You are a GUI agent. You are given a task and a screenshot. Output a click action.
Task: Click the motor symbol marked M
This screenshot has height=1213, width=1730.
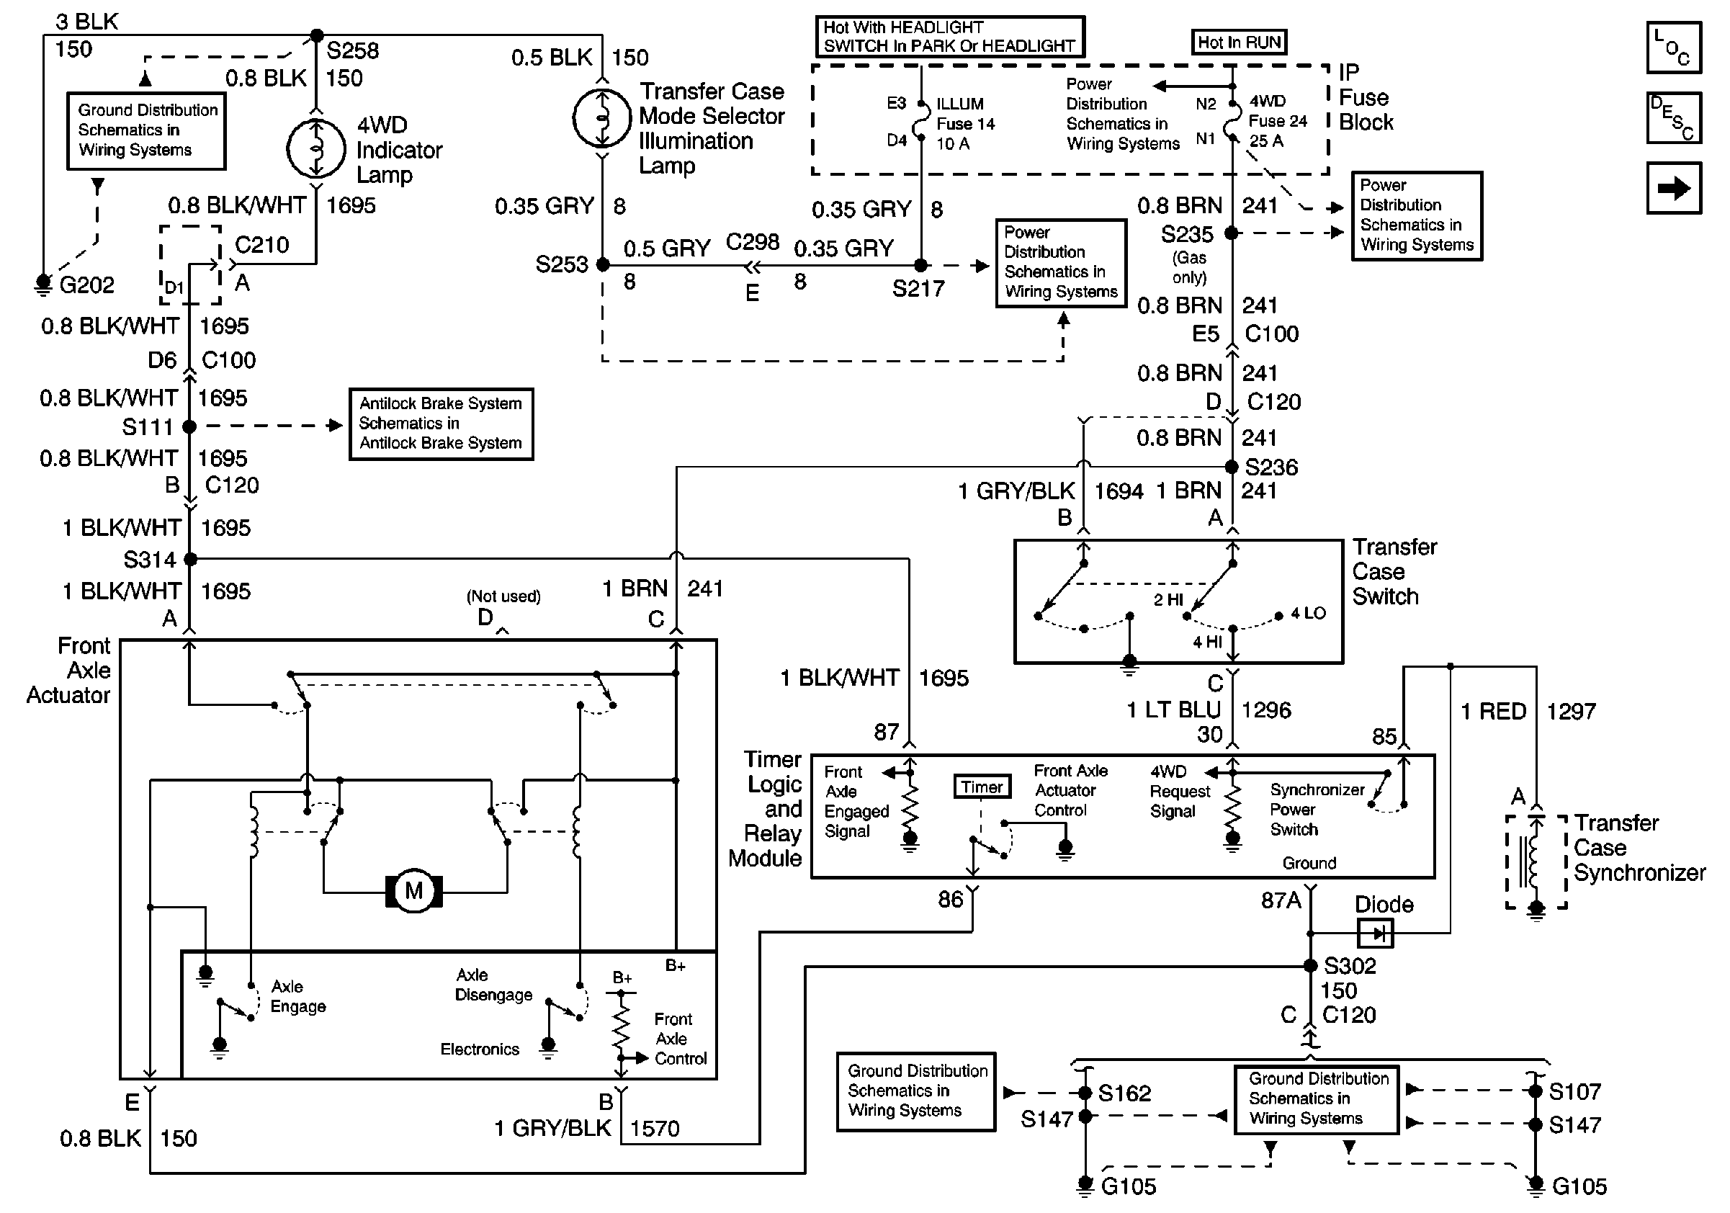413,891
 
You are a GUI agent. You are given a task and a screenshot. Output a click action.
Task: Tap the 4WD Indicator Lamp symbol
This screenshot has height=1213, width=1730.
316,149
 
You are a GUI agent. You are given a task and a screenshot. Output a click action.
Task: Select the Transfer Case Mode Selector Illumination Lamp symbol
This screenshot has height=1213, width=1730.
601,118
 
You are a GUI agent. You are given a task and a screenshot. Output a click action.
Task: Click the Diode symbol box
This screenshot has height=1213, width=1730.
1375,934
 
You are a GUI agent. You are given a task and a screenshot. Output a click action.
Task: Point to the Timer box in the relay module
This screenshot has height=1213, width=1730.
981,787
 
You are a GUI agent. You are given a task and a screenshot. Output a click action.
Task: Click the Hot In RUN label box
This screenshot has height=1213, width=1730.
1239,42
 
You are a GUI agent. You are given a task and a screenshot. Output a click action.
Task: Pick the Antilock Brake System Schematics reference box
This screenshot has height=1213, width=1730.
441,424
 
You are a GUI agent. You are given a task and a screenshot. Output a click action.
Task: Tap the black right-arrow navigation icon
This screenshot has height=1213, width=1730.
1674,188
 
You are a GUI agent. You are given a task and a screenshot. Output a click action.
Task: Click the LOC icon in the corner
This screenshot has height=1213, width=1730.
1674,48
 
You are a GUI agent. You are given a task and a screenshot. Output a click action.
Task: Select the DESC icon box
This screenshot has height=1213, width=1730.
1674,118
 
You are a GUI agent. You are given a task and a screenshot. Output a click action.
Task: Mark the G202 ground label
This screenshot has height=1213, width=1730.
86,285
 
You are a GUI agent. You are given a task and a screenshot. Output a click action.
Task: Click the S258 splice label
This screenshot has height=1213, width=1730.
352,51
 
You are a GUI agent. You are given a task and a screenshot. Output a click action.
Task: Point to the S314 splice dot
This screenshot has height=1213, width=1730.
191,559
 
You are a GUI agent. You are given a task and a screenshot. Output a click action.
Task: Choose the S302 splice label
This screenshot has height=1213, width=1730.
1350,966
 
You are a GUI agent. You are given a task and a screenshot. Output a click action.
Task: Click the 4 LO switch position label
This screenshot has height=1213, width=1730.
1308,613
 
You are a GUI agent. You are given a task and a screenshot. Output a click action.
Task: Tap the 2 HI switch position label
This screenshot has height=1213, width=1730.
1168,600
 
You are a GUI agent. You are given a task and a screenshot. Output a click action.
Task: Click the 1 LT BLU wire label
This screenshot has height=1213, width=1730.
1173,710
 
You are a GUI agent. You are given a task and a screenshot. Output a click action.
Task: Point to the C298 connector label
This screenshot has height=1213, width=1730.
752,243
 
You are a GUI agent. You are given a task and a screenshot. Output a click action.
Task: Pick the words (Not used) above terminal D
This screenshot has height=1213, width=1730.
503,596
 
